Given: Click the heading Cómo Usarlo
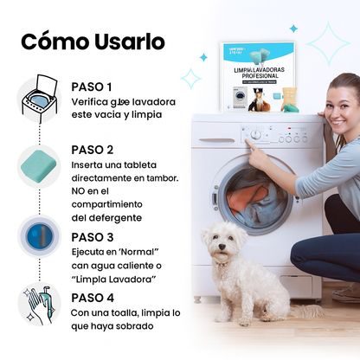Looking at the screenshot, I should (x=93, y=42).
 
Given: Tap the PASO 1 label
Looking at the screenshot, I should (x=92, y=87).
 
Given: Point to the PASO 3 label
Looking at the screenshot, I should (x=92, y=236).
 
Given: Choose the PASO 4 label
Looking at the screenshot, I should (x=92, y=297).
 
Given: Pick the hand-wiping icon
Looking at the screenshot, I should (x=39, y=305).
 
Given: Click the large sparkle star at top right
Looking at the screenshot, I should (x=328, y=41).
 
